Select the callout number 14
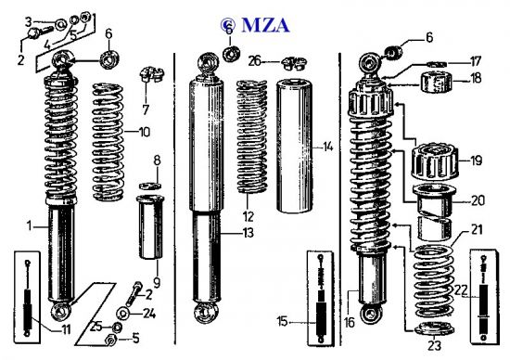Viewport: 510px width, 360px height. tap(328, 147)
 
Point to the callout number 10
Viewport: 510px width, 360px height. tap(145, 132)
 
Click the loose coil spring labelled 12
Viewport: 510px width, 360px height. tap(252, 136)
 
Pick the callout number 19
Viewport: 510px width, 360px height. tap(477, 161)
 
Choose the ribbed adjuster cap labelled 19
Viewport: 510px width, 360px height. tap(435, 161)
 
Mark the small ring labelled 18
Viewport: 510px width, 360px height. tap(437, 83)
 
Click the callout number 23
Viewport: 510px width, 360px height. tap(435, 345)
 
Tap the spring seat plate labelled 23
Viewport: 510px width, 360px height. tap(435, 328)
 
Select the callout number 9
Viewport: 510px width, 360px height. tap(157, 283)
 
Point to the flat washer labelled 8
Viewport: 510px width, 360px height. tap(150, 186)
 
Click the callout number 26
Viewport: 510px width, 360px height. tap(255, 61)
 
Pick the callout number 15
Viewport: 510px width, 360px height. tap(282, 322)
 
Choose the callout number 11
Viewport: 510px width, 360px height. tap(66, 330)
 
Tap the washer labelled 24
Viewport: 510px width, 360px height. tap(123, 314)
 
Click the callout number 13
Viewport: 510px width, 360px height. tap(249, 233)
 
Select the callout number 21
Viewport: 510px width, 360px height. tap(477, 230)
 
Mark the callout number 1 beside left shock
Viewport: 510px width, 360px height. tap(30, 225)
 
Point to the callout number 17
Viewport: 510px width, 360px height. tap(475, 61)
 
